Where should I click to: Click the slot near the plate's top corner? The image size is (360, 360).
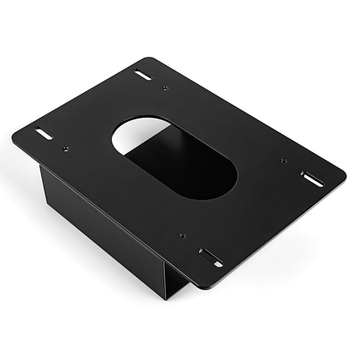coord(143,75)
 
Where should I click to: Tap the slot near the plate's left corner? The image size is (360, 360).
coord(43,134)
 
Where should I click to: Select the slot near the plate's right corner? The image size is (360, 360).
coord(312,178)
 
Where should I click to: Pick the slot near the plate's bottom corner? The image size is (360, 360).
coord(211,258)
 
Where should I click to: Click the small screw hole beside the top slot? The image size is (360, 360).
coord(165,87)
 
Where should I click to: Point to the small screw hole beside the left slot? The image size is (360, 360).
coord(65,148)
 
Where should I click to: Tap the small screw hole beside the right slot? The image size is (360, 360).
coord(284,161)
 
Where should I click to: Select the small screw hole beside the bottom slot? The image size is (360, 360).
coord(182,236)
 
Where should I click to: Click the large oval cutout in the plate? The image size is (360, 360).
coord(174,158)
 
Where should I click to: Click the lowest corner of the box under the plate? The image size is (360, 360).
coord(167,298)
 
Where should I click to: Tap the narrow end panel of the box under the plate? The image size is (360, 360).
coord(178,283)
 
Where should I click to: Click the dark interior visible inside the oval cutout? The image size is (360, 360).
coord(188,168)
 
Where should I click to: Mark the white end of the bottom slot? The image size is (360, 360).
coord(218,262)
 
